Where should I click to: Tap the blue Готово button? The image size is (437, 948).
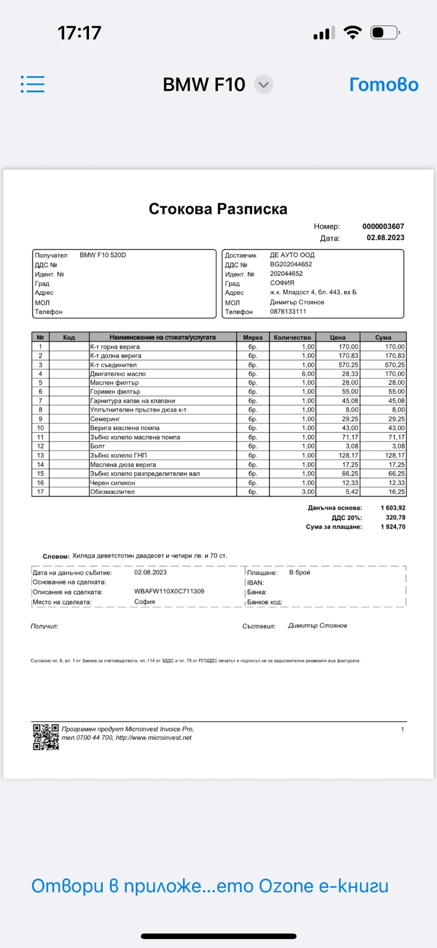pos(384,85)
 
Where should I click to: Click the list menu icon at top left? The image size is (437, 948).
pos(33,84)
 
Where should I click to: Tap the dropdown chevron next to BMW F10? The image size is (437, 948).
pos(263,85)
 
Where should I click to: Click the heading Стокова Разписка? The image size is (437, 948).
pos(218,209)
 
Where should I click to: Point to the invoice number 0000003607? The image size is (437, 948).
pos(383,226)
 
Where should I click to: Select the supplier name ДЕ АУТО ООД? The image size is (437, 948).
pos(292,255)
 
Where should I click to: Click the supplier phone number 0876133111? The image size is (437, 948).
pos(288,311)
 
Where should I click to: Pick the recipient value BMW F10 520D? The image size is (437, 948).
pos(103,255)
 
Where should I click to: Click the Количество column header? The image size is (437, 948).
pos(292,338)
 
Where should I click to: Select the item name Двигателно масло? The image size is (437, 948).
pos(118,374)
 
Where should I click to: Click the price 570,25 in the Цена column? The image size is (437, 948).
pos(348,365)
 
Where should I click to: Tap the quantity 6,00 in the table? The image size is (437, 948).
pos(308,374)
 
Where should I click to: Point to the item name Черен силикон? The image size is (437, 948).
pos(113,483)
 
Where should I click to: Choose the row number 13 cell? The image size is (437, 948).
pos(41,456)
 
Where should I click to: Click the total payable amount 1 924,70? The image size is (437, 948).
pos(393,527)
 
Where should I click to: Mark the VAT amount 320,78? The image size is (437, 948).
pos(395,518)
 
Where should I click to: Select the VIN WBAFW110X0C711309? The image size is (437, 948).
pos(169,591)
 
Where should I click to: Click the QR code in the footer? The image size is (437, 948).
pos(46,737)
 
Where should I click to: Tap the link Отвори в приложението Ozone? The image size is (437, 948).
pos(210,886)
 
